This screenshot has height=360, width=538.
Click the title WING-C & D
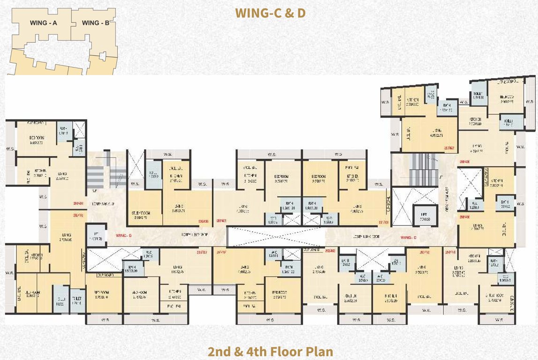pos(270,13)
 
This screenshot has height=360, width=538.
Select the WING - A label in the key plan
pos(43,22)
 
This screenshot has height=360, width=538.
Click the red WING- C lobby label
pos(407,231)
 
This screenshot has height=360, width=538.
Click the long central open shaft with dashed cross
pos(276,236)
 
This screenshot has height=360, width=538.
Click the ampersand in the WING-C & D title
pos(288,13)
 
